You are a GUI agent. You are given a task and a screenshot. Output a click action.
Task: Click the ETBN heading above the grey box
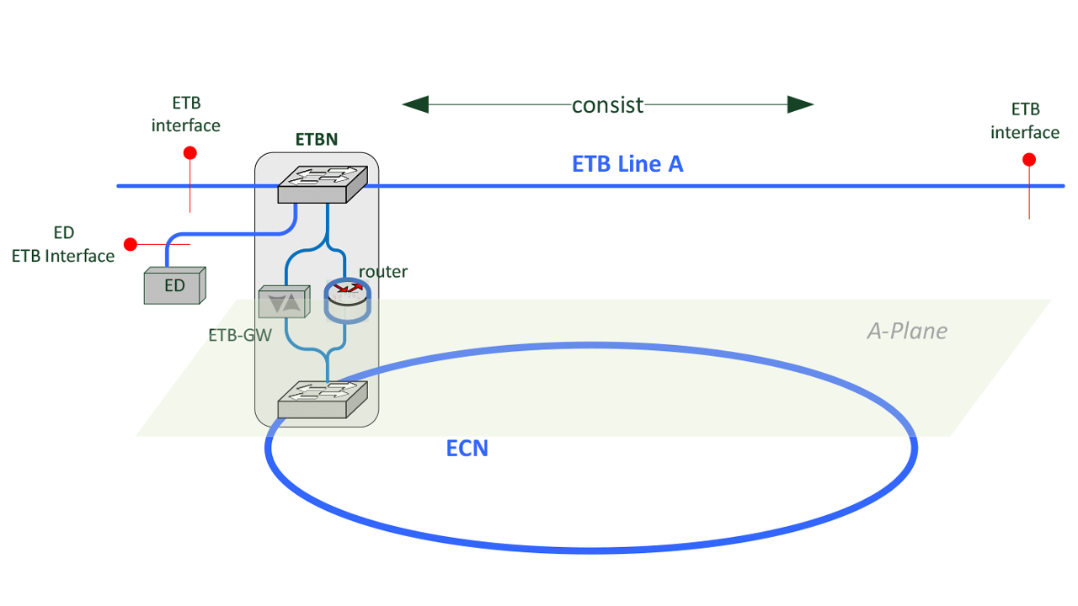click(x=316, y=140)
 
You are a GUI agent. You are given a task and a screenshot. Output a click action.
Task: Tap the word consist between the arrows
click(x=607, y=105)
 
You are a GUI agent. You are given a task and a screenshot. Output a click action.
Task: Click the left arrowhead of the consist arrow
click(x=415, y=105)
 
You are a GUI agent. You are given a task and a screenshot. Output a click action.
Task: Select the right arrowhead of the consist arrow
click(x=801, y=105)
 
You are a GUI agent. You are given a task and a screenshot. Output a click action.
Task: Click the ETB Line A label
click(x=627, y=164)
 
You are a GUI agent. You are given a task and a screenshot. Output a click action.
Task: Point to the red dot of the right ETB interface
click(x=1028, y=160)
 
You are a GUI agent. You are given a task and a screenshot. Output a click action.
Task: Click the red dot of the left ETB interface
click(x=190, y=153)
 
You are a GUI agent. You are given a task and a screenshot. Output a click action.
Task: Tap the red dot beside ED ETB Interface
click(x=131, y=244)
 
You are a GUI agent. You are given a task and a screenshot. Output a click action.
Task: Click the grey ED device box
click(x=174, y=286)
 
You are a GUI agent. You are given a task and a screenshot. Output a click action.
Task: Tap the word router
click(x=383, y=271)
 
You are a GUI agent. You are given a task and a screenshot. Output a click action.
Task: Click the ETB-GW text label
click(x=239, y=334)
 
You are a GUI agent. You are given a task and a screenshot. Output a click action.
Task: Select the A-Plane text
click(x=907, y=331)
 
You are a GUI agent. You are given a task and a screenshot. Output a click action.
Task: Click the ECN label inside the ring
click(x=467, y=448)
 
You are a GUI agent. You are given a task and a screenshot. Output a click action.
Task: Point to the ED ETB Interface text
click(x=63, y=245)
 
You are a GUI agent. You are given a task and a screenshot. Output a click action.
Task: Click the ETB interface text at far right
click(x=1025, y=121)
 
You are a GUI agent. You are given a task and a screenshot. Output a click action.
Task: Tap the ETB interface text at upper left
click(x=186, y=114)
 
